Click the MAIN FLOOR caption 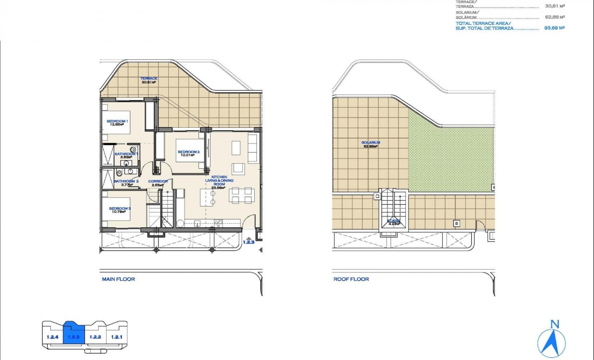[x=118, y=279]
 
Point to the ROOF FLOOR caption [x=351, y=279]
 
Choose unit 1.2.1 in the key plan [x=117, y=337]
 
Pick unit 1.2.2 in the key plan [x=95, y=337]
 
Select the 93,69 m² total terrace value [x=554, y=27]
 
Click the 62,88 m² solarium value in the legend [x=554, y=17]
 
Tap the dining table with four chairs [x=241, y=195]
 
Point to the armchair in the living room [x=239, y=169]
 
